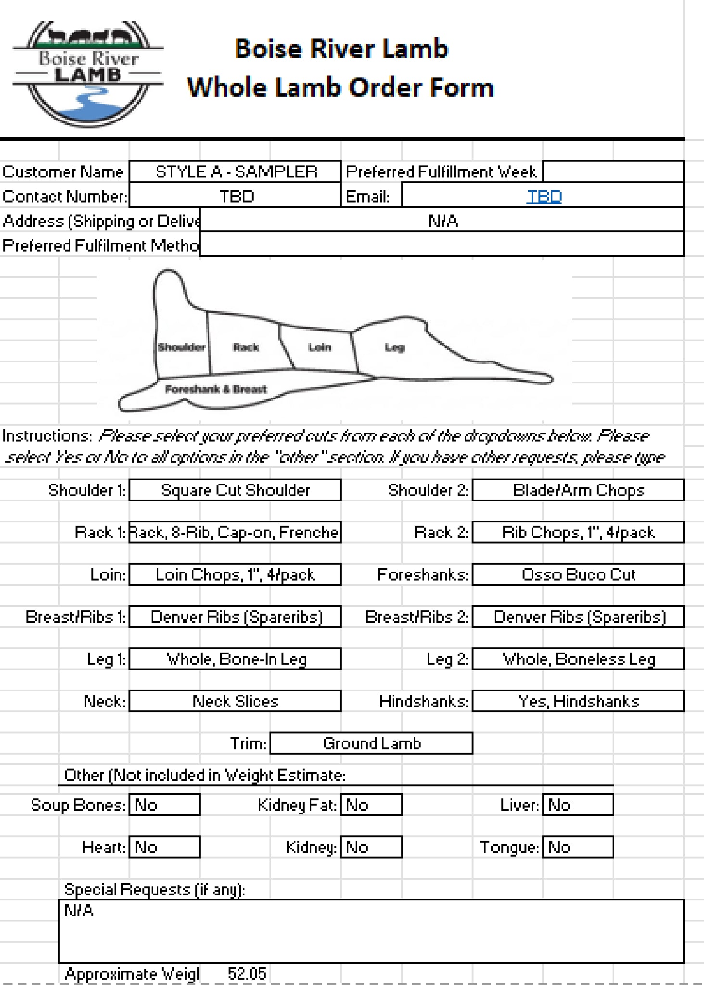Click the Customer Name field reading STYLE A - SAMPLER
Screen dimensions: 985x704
pos(235,172)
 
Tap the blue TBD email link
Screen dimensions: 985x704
pos(544,196)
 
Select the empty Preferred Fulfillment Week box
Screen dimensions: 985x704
pos(613,172)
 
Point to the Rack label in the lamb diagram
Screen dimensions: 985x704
pos(245,347)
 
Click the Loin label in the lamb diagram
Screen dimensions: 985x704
pos(320,347)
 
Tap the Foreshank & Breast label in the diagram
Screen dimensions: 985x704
pos(216,389)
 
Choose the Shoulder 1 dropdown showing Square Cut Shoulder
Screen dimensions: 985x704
pos(235,490)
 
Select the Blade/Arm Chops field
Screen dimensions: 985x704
pos(578,490)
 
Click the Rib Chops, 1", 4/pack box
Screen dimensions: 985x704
pos(578,532)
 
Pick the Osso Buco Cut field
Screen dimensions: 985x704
pos(578,575)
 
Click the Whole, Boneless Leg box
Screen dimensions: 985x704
pos(578,659)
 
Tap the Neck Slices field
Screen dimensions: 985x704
pos(235,701)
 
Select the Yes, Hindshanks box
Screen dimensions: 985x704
pos(578,701)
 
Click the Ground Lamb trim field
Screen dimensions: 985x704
pos(371,744)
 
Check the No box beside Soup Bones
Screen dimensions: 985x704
pos(165,805)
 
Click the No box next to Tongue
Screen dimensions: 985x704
pos(578,847)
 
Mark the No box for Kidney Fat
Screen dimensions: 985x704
pos(371,805)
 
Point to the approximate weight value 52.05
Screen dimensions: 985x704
pos(246,974)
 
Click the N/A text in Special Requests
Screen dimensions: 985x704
pos(79,910)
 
